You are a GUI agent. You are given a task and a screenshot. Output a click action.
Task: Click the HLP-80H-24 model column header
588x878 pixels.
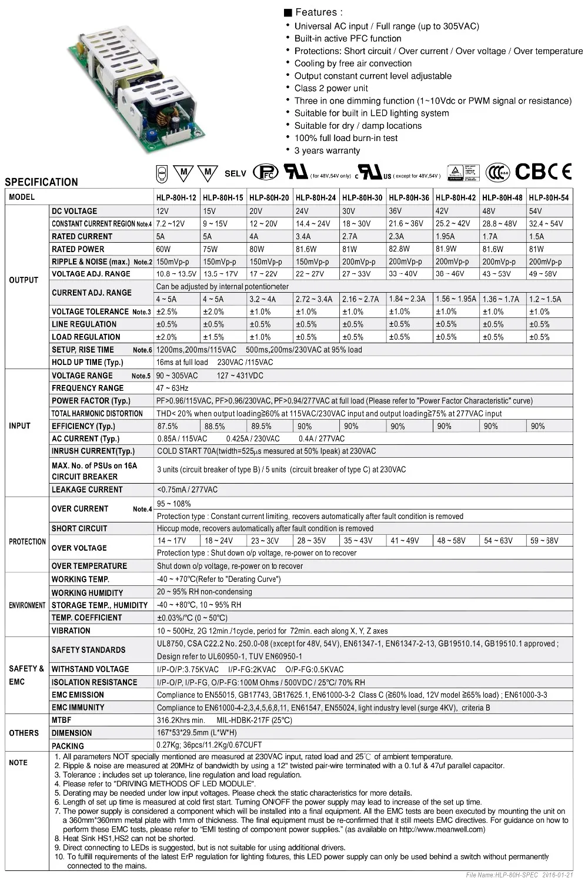click(316, 197)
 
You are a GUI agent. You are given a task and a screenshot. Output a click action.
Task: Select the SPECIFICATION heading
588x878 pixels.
click(41, 182)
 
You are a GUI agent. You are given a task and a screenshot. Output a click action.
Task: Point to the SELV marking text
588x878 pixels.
click(235, 173)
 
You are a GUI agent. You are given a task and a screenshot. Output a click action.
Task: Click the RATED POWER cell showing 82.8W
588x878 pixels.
click(399, 249)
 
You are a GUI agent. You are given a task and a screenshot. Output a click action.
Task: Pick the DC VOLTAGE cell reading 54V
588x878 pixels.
click(536, 211)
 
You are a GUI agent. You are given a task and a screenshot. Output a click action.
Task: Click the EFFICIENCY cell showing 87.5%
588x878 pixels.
click(168, 426)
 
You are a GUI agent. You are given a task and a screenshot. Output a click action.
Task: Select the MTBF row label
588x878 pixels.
click(61, 720)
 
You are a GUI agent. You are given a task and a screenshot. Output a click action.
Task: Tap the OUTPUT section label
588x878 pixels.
click(24, 280)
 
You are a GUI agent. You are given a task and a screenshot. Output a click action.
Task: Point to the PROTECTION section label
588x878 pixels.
click(27, 541)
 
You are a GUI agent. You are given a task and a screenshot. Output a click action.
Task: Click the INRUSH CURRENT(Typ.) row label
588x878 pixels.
click(93, 451)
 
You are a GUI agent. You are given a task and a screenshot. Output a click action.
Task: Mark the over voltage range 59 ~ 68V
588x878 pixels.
click(544, 541)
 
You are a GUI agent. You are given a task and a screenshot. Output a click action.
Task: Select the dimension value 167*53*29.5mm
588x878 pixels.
click(196, 733)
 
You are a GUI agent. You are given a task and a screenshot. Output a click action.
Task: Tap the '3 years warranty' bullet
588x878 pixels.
click(327, 150)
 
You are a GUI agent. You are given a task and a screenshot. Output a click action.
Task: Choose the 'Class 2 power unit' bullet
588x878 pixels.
click(331, 88)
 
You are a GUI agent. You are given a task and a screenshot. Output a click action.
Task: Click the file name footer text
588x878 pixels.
click(519, 874)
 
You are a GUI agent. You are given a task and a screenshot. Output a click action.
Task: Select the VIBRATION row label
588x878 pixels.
click(71, 631)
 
